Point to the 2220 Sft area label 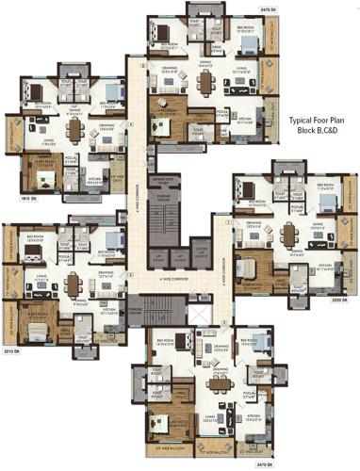343,299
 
